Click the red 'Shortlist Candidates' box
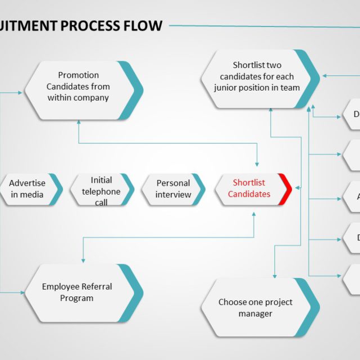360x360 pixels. (249, 189)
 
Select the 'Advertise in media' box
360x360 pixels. (28, 189)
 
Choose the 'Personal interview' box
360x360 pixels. (173, 189)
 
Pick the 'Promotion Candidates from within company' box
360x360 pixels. (78, 87)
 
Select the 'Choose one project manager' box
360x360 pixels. (255, 308)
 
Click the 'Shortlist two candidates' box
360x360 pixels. (256, 77)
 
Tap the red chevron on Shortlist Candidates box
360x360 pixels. (286, 189)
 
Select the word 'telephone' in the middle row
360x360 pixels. (101, 191)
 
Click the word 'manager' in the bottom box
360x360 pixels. (255, 314)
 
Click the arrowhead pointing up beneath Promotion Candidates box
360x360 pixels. (78, 123)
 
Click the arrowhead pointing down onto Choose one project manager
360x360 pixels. (274, 276)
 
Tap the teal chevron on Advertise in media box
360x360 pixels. (56, 189)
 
